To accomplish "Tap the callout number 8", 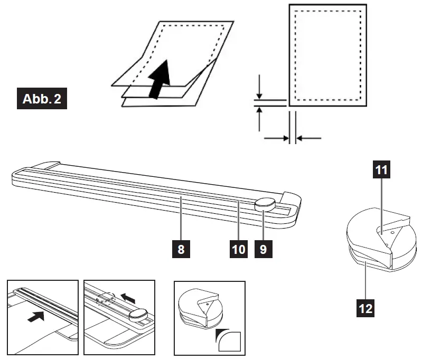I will click(x=181, y=249).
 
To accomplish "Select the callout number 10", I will click(x=239, y=249).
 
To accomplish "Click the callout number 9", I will click(x=264, y=249).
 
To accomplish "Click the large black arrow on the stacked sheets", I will click(x=160, y=79).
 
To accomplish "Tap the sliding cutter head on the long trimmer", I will click(x=265, y=204).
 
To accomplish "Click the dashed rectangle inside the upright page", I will click(x=327, y=55).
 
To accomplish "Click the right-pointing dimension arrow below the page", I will click(x=276, y=138).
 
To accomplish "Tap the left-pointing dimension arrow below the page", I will click(x=308, y=138).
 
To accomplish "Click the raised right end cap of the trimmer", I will click(x=291, y=198).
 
